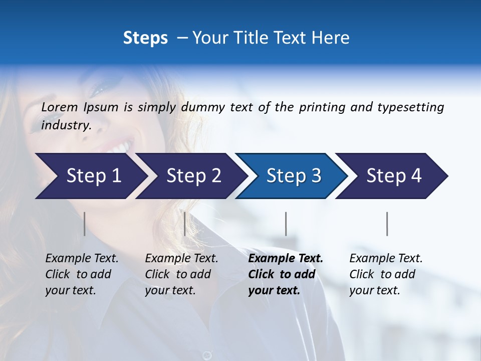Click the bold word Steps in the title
point(145,38)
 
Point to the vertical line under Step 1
point(85,224)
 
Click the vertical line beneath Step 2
point(185,224)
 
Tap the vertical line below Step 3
point(286,224)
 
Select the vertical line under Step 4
point(387,224)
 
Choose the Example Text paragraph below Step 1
point(82,274)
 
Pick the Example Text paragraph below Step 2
point(181,274)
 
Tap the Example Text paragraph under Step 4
point(386,274)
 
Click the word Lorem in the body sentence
point(60,107)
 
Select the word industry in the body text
point(66,125)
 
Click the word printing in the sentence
point(322,107)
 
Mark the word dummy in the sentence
point(203,107)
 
